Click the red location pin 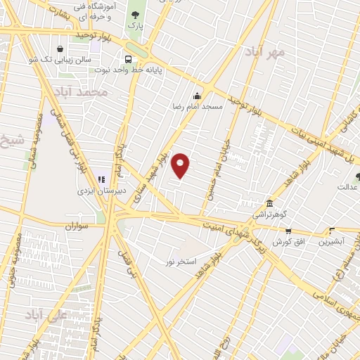tap(181, 165)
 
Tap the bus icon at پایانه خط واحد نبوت tap(127, 59)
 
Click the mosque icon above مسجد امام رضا tap(197, 96)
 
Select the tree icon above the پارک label tap(134, 13)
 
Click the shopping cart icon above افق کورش tap(288, 231)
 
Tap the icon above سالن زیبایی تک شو tap(61, 49)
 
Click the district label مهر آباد tap(265, 52)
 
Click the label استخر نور tap(179, 262)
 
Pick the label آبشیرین tap(332, 242)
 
